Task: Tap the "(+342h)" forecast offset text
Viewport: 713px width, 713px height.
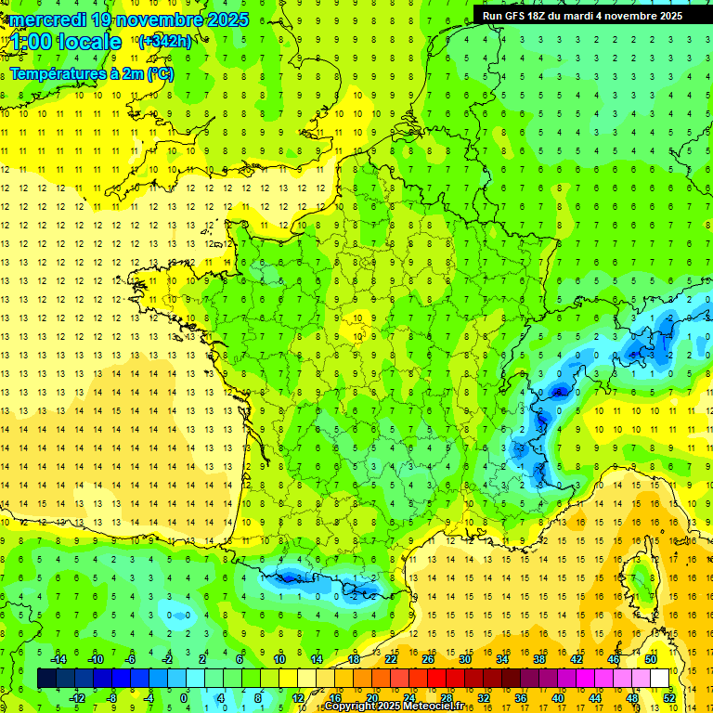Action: [x=164, y=41]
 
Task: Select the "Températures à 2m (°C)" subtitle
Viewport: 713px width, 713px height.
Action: [x=92, y=74]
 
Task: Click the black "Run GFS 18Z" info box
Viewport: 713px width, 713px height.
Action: [x=581, y=15]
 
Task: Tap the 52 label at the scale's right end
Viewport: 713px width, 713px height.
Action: [x=669, y=697]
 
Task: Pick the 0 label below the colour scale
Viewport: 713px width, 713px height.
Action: [x=184, y=697]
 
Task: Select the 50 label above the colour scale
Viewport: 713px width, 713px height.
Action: [x=651, y=658]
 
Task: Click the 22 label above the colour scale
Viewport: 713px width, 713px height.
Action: [x=391, y=658]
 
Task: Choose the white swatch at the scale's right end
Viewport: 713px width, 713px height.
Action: [x=660, y=678]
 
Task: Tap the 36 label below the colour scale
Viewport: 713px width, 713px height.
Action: [x=521, y=697]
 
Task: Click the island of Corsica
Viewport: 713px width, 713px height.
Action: [x=640, y=580]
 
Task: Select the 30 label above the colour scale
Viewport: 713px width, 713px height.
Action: [x=465, y=658]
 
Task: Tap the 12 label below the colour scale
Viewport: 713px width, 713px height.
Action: [x=298, y=697]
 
